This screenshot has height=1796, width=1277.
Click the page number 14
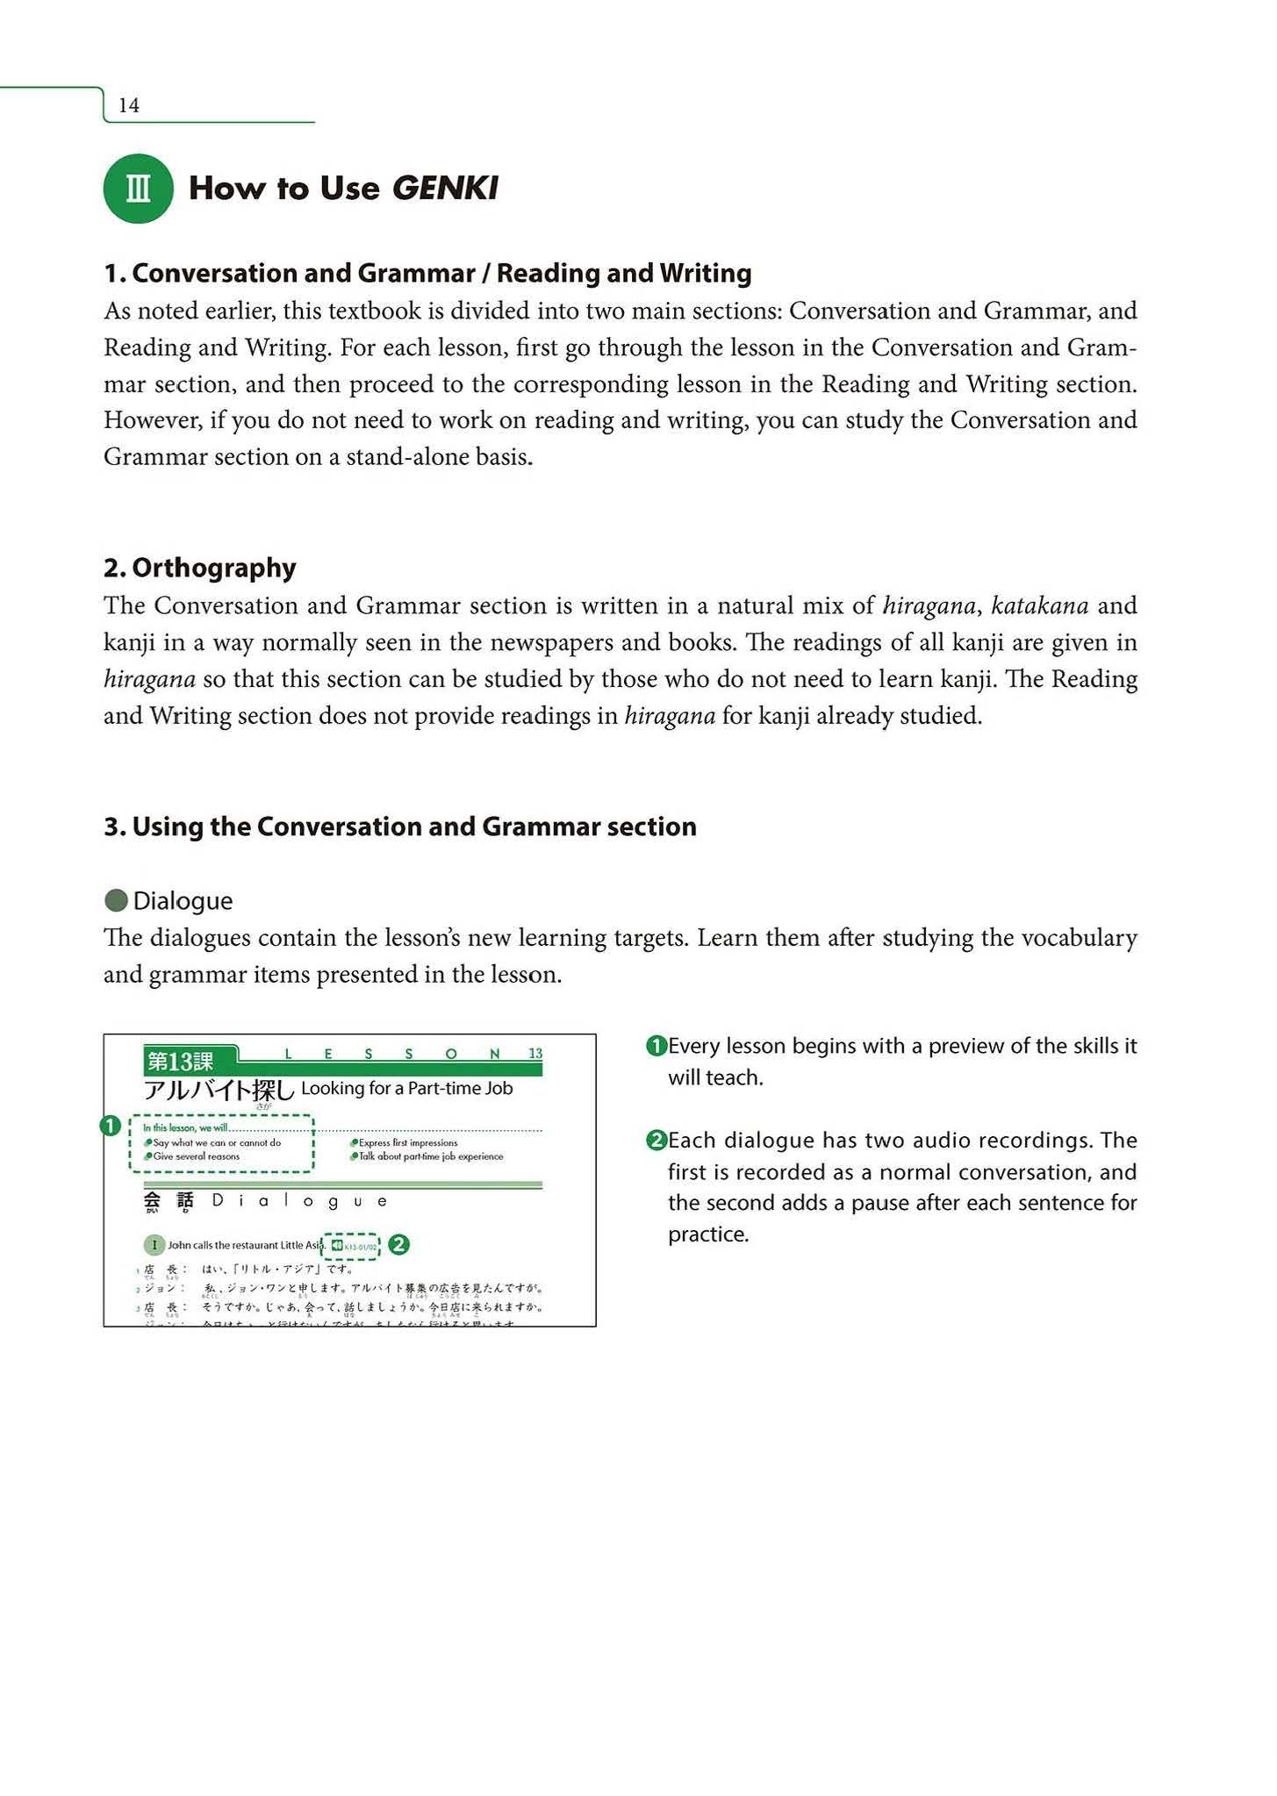[129, 106]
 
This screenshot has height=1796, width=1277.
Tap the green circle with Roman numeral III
[138, 189]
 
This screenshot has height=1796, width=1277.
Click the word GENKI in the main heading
[445, 189]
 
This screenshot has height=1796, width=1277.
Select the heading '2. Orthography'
[200, 568]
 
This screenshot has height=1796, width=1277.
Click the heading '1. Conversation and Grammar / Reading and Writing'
[427, 274]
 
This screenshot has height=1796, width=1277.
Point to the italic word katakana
[1039, 605]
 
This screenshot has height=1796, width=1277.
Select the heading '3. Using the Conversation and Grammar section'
[400, 826]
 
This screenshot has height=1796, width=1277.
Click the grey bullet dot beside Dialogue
[116, 900]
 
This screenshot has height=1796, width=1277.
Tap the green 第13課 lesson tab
[181, 1062]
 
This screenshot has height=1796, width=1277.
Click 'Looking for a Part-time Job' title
[406, 1089]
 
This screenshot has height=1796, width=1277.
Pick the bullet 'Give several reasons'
[196, 1156]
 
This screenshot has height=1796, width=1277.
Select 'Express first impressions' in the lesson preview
[408, 1143]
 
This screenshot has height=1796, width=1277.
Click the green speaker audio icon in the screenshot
[337, 1245]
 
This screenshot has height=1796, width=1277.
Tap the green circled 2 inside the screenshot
[398, 1244]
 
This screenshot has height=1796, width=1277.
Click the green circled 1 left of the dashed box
[110, 1126]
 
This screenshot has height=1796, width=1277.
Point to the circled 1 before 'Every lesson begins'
[656, 1046]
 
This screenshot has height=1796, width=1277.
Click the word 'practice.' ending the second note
[708, 1234]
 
